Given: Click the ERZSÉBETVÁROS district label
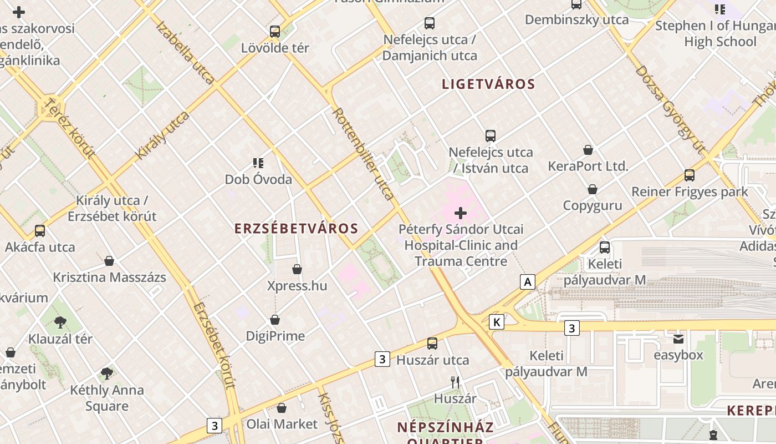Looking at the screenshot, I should (x=296, y=228).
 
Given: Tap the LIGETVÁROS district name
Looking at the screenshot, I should (x=488, y=84).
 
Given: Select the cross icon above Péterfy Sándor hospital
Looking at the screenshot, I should (x=461, y=213).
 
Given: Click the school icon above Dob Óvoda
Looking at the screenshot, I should (x=258, y=163).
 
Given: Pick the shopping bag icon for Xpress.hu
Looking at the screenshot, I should (x=297, y=269).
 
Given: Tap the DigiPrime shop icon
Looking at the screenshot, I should (x=275, y=320).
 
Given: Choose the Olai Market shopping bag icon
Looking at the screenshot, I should (x=282, y=408).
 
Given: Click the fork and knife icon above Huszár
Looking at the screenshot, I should (x=455, y=382).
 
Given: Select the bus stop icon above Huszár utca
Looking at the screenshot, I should (x=432, y=344).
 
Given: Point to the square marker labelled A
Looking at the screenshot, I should (x=528, y=282).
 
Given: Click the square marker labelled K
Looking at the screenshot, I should (x=497, y=321).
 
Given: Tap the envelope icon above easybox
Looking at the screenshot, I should (x=678, y=339).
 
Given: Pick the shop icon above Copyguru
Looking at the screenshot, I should (x=593, y=189).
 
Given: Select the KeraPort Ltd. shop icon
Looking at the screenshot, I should (x=588, y=150).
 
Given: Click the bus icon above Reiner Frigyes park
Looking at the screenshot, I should (x=690, y=175).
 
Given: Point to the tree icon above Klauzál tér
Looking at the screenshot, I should (x=60, y=322).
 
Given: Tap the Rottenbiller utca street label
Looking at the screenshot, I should (x=363, y=153).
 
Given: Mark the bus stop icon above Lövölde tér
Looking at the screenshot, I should (x=275, y=31).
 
